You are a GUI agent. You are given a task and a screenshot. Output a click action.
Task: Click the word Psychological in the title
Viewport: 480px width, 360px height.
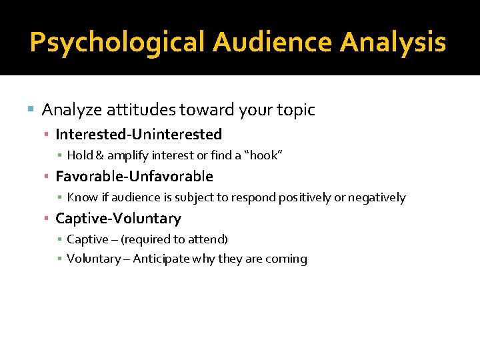click(x=118, y=43)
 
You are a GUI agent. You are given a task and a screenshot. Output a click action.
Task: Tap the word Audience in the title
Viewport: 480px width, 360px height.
click(x=273, y=43)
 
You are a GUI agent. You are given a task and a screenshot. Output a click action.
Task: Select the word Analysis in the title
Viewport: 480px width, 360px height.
click(x=393, y=43)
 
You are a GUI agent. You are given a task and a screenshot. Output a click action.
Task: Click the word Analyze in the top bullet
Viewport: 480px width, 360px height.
click(x=67, y=110)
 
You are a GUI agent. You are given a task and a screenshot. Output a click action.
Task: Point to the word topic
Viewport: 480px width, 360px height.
click(x=293, y=110)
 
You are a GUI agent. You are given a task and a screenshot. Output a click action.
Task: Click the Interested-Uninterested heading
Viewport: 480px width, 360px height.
click(x=139, y=135)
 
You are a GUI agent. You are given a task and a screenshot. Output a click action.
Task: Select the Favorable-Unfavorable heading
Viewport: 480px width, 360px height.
click(x=134, y=177)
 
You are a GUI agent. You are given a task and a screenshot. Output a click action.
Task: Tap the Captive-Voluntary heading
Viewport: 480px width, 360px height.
click(x=118, y=219)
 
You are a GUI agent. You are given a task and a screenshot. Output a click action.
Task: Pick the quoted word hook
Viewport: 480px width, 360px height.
click(x=267, y=155)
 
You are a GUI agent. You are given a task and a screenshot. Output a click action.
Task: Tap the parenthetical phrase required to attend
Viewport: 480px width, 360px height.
click(x=174, y=239)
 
